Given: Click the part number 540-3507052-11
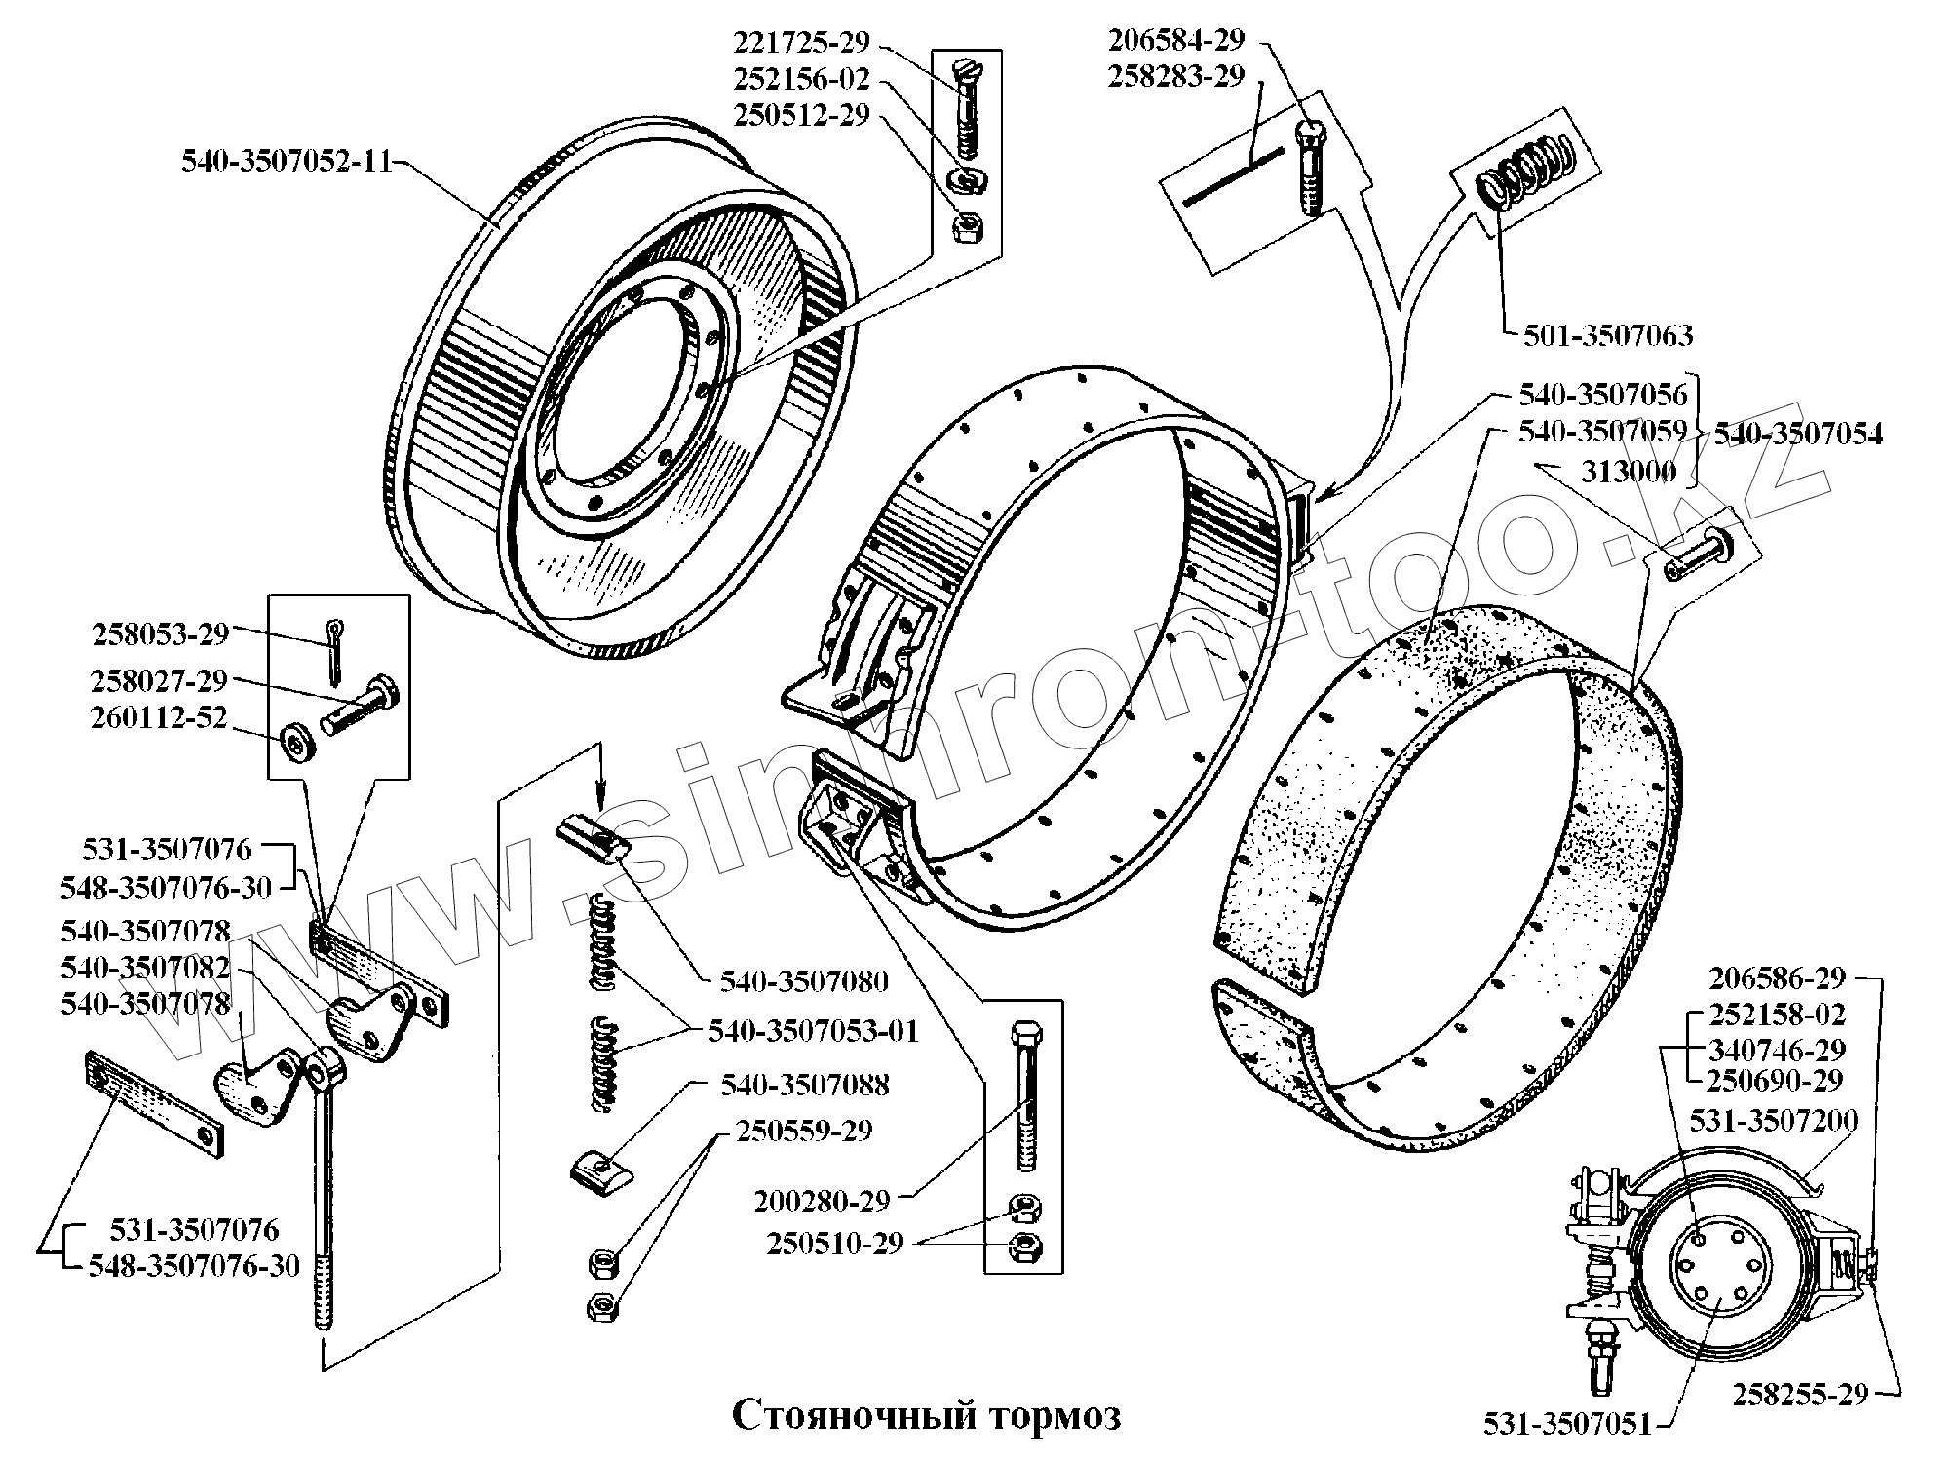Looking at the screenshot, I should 286,162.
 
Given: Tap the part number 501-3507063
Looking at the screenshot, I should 1607,336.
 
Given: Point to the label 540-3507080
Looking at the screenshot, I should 804,980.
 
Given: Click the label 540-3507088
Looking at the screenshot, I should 805,1085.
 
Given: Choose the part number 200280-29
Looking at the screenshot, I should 822,1202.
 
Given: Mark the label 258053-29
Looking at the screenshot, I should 160,634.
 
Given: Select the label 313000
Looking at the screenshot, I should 1628,473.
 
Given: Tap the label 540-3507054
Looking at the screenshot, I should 1798,434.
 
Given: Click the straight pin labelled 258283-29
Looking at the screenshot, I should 1232,176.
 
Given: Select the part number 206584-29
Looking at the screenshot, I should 1175,40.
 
